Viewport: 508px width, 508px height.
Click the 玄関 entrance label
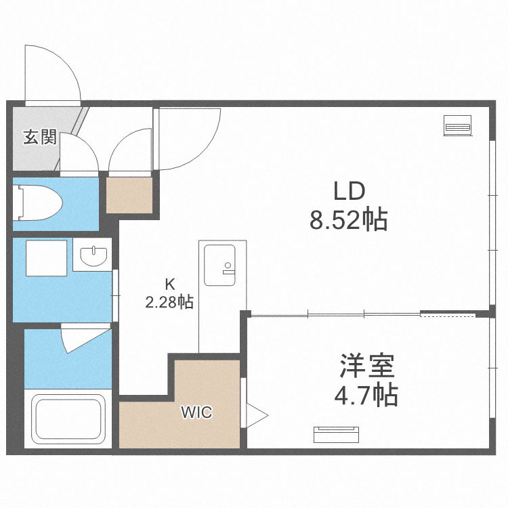[39, 137]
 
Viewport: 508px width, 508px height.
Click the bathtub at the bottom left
[68, 419]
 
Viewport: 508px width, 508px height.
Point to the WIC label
[196, 412]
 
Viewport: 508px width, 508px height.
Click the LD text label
[349, 192]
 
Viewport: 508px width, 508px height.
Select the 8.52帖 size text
[349, 220]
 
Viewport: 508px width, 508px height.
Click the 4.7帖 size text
[366, 394]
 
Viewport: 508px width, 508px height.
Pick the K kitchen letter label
[169, 284]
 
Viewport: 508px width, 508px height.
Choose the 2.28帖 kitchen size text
[169, 303]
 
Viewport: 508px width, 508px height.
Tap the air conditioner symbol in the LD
[458, 125]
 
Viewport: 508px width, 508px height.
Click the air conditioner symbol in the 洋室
[337, 433]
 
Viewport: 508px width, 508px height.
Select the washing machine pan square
[47, 257]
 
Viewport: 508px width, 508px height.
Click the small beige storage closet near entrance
[130, 195]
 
